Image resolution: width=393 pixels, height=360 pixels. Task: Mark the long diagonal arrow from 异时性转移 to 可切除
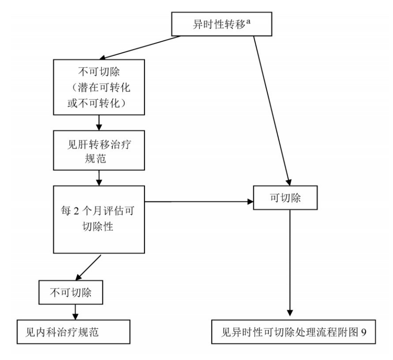pos(271,110)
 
